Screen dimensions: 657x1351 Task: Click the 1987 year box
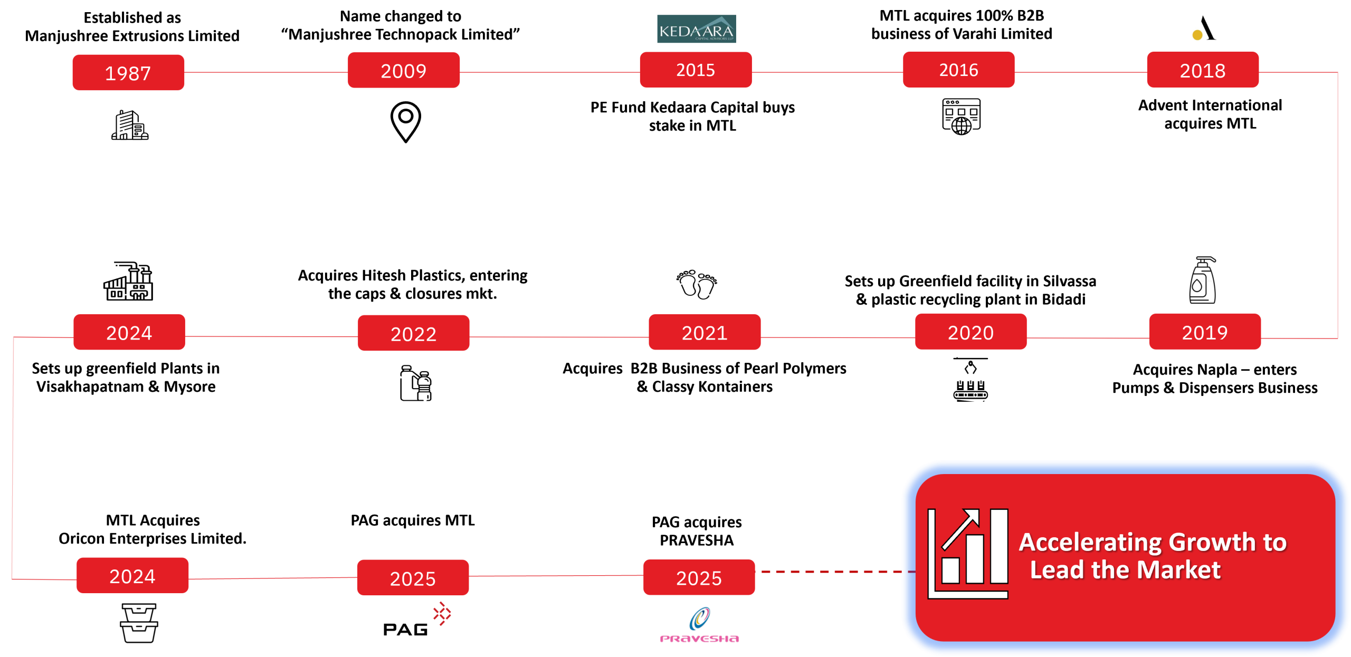pyautogui.click(x=128, y=73)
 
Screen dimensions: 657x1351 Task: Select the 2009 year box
pyautogui.click(x=404, y=71)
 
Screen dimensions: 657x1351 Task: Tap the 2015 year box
pyautogui.click(x=696, y=70)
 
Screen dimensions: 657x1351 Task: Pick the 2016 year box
pyautogui.click(x=958, y=70)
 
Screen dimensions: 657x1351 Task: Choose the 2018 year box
pyautogui.click(x=1203, y=70)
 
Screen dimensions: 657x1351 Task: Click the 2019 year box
pyautogui.click(x=1205, y=332)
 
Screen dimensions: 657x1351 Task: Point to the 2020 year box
pyautogui.click(x=971, y=332)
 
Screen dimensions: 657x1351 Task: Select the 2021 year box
pyautogui.click(x=705, y=332)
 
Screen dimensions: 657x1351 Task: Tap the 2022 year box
pyautogui.click(x=413, y=333)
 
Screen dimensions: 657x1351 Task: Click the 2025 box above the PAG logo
pyautogui.click(x=413, y=578)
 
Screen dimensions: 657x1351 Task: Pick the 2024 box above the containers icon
pyautogui.click(x=132, y=576)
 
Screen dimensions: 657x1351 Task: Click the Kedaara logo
pyautogui.click(x=696, y=30)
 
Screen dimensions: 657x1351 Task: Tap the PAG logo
pyautogui.click(x=417, y=619)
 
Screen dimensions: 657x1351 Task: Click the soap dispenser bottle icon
pyautogui.click(x=1202, y=280)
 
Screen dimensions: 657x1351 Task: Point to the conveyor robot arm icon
pyautogui.click(x=970, y=380)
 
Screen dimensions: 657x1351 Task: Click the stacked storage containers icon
pyautogui.click(x=139, y=624)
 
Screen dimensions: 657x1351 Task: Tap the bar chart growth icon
pyautogui.click(x=968, y=554)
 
